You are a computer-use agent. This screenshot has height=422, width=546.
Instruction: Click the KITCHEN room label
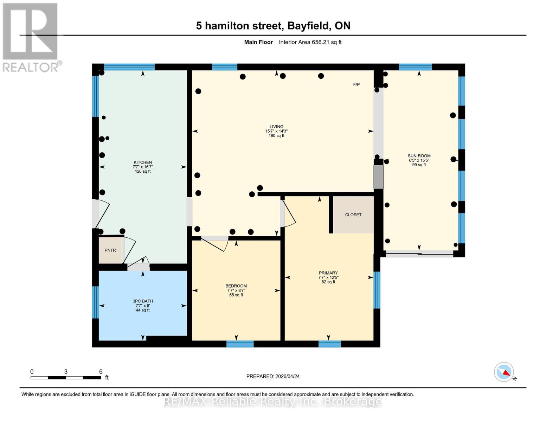click(142, 162)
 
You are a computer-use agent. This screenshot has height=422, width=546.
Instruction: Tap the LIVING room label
click(276, 127)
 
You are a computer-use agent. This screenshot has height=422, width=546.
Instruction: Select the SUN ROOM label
click(419, 156)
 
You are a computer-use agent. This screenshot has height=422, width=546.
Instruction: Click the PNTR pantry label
click(110, 250)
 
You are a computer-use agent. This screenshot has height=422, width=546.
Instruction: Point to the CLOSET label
click(353, 215)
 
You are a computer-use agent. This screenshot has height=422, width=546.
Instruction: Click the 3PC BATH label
click(142, 301)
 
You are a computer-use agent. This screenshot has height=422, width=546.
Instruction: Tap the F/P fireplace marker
click(356, 84)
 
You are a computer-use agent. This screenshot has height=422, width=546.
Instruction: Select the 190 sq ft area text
click(276, 136)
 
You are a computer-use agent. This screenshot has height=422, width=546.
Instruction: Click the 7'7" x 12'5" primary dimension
click(328, 277)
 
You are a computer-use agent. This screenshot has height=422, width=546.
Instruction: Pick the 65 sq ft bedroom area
click(236, 295)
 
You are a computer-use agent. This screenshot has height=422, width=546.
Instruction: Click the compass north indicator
click(504, 372)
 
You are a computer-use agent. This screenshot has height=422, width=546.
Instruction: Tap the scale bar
click(66, 378)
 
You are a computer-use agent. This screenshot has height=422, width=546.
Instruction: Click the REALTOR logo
click(31, 37)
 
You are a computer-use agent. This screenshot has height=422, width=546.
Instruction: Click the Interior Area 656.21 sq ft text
click(310, 42)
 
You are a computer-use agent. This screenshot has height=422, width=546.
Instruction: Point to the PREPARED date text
click(273, 376)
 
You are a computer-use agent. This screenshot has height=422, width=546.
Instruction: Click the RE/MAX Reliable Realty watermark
click(273, 402)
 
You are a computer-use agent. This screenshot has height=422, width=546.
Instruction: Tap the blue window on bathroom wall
click(95, 302)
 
